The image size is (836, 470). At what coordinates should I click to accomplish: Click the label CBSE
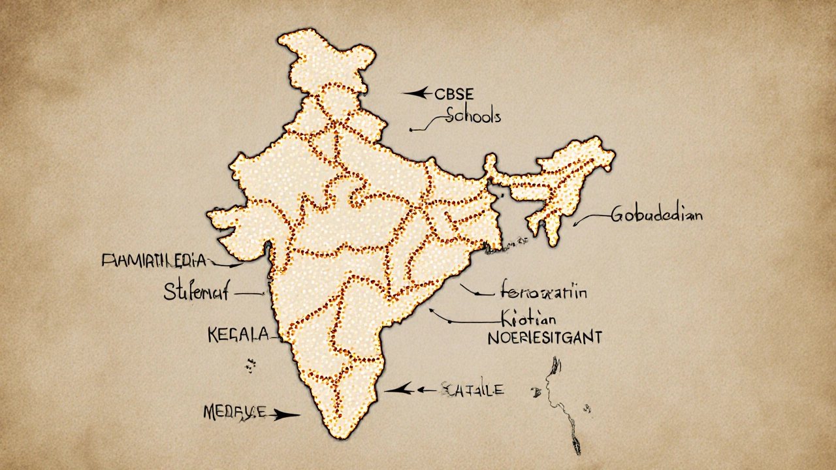(x=456, y=95)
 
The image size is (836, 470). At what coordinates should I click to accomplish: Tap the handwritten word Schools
(x=473, y=116)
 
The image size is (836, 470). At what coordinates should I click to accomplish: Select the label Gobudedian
(x=656, y=215)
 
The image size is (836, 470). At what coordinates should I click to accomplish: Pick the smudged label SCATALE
(x=474, y=390)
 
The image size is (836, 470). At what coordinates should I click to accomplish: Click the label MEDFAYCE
(x=234, y=412)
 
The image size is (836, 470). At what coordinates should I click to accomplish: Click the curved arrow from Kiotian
(x=457, y=320)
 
